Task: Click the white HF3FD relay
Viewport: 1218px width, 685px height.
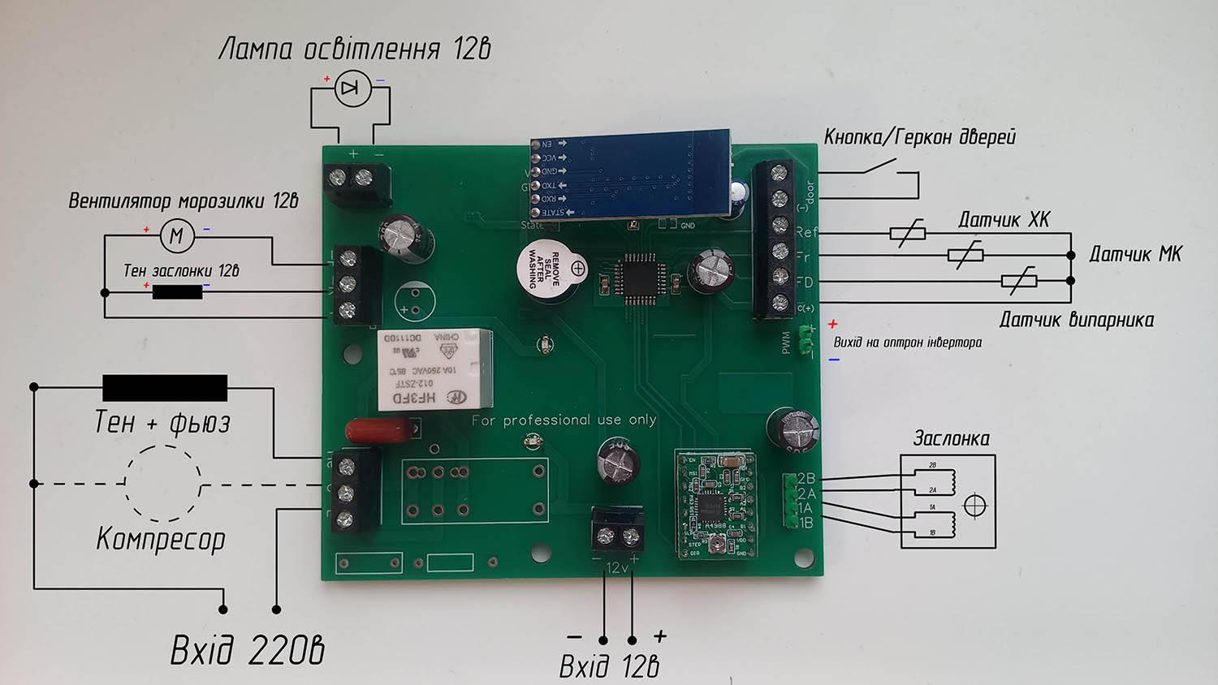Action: pyautogui.click(x=434, y=368)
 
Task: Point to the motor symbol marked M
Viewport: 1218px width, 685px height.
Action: pyautogui.click(x=176, y=236)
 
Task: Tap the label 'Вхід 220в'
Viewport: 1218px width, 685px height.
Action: pyautogui.click(x=247, y=650)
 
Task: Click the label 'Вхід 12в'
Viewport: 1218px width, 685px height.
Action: pyautogui.click(x=609, y=666)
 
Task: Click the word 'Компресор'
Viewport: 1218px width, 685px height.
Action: pyautogui.click(x=161, y=538)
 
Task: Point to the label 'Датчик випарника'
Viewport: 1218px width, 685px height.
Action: pyautogui.click(x=1076, y=320)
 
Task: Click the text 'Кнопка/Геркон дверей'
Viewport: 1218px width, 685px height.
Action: pyautogui.click(x=919, y=137)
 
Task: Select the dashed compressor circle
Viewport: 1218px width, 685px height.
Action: pyautogui.click(x=163, y=483)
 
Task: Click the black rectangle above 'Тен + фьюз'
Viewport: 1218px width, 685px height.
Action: pyautogui.click(x=165, y=388)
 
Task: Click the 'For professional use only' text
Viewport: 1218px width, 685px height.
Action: pyautogui.click(x=564, y=420)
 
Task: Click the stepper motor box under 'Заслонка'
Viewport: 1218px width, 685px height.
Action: pyautogui.click(x=948, y=501)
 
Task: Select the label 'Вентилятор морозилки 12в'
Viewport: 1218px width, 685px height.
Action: pyautogui.click(x=184, y=201)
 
